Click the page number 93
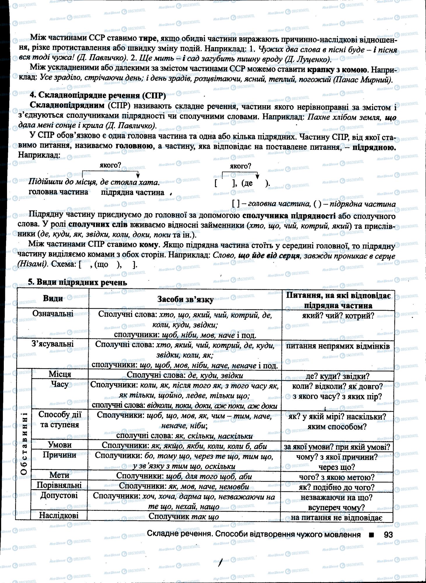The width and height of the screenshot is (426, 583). tap(389, 535)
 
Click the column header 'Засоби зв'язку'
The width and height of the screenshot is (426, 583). tap(185, 299)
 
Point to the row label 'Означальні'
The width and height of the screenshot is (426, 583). tap(53, 314)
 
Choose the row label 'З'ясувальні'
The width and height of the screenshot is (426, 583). tap(53, 344)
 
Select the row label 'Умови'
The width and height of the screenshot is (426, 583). tap(60, 445)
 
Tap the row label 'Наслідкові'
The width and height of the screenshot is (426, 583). tap(59, 515)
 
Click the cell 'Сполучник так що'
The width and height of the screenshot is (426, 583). tap(184, 516)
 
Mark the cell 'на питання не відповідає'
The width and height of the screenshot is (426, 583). tap(337, 518)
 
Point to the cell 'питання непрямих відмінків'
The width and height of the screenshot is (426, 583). tap(338, 346)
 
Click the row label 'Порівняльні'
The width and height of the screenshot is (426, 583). tap(59, 485)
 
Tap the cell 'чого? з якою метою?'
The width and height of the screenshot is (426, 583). tap(337, 477)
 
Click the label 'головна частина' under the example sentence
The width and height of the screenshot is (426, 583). tap(58, 192)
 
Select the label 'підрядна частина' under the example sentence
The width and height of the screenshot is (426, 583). tap(133, 192)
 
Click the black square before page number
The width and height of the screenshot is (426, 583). tap(371, 535)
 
